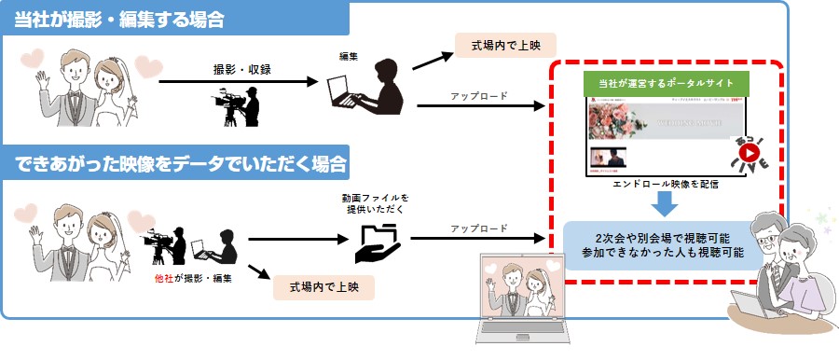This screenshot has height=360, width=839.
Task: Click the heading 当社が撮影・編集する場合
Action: point(118,19)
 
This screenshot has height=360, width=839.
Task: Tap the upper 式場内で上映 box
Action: point(505,43)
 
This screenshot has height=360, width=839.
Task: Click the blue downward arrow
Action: point(665,203)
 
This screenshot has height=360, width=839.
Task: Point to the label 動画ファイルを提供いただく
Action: point(376,205)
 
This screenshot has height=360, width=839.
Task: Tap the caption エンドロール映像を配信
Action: point(665,184)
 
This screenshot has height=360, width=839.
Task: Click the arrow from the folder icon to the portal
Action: point(475,238)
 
